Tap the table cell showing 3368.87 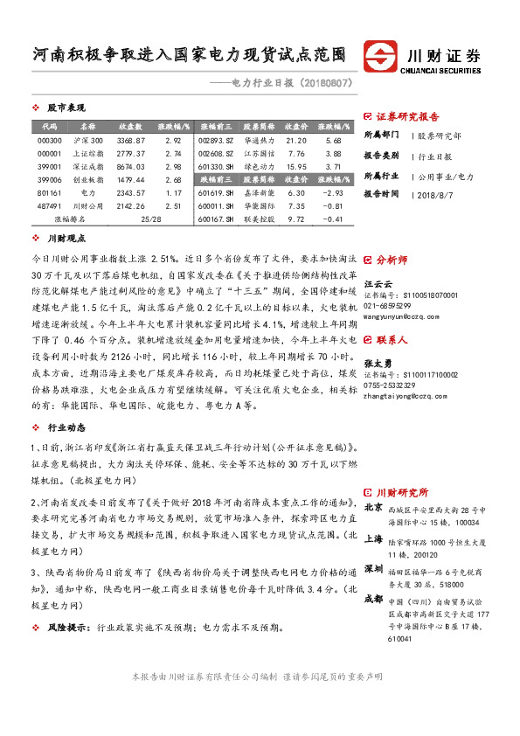coord(130,140)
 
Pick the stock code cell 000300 coord(50,140)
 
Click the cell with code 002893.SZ coord(216,140)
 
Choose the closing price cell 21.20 coord(296,140)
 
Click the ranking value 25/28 coord(150,219)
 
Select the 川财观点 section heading coord(66,238)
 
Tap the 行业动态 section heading coord(66,427)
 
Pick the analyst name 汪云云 coord(378,284)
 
